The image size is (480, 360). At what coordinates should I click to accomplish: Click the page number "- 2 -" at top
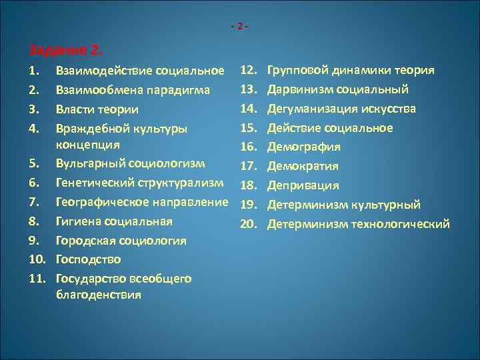[x=239, y=27]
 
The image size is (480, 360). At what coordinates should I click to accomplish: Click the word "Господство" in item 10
[x=88, y=259]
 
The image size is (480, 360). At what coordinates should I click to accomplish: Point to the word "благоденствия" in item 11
[x=99, y=295]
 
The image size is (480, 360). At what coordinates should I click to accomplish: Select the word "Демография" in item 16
[x=303, y=147]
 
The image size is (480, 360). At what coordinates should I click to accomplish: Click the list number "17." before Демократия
[x=249, y=166]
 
